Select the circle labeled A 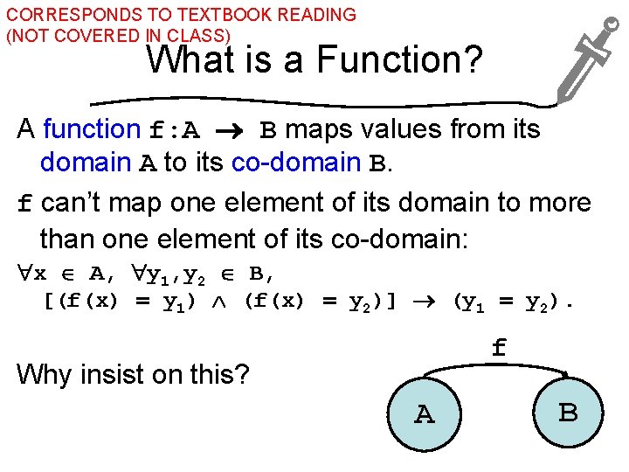pos(425,413)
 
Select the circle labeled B pos(568,411)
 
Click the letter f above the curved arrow pos(498,348)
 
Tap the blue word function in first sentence pos(92,129)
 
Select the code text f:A pos(175,131)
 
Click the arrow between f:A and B pos(231,131)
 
